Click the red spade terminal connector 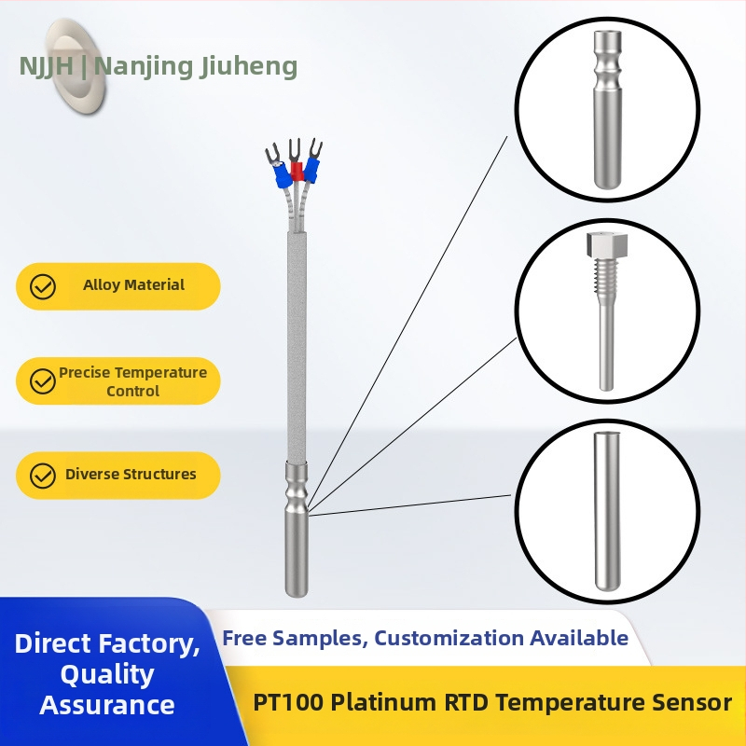pyautogui.click(x=297, y=171)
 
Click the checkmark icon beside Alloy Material pyautogui.click(x=43, y=286)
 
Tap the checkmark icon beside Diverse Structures pyautogui.click(x=43, y=476)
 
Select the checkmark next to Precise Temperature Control pyautogui.click(x=43, y=381)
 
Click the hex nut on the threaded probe pyautogui.click(x=598, y=244)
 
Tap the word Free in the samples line pyautogui.click(x=244, y=638)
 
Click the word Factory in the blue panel pyautogui.click(x=151, y=643)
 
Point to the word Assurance pyautogui.click(x=107, y=705)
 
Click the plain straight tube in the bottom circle pyautogui.click(x=606, y=508)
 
